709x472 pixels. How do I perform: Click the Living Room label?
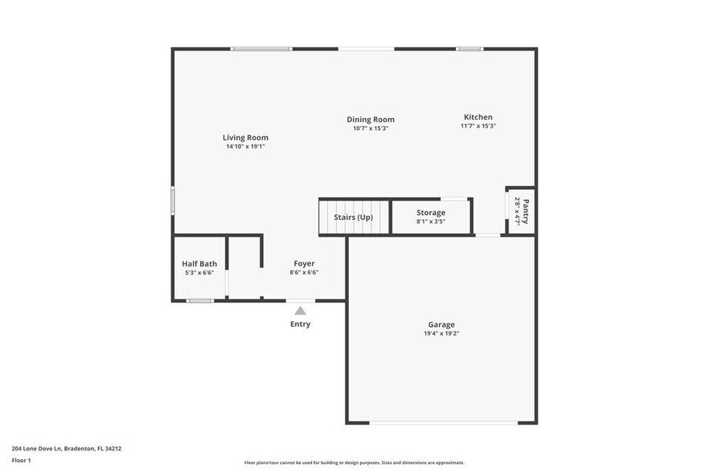[245, 137]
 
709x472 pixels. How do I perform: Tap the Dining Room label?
[371, 120]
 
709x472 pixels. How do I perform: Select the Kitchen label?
[477, 117]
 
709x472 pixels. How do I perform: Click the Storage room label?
[431, 213]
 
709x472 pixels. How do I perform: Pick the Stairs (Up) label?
[354, 217]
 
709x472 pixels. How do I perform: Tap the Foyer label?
[304, 263]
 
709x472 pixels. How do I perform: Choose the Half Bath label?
[199, 263]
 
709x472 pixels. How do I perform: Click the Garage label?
[441, 325]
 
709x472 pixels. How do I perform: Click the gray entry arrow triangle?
[300, 311]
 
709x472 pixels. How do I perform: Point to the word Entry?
[300, 324]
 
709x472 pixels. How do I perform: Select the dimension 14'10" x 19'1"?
[245, 147]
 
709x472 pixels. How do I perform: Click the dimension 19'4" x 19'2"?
[441, 334]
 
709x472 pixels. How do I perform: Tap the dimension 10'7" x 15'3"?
[371, 128]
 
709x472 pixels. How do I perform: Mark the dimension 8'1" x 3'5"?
[431, 222]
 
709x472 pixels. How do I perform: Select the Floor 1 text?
[21, 460]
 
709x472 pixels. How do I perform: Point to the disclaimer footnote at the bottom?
[354, 462]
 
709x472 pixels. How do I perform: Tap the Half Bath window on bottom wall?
[199, 301]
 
